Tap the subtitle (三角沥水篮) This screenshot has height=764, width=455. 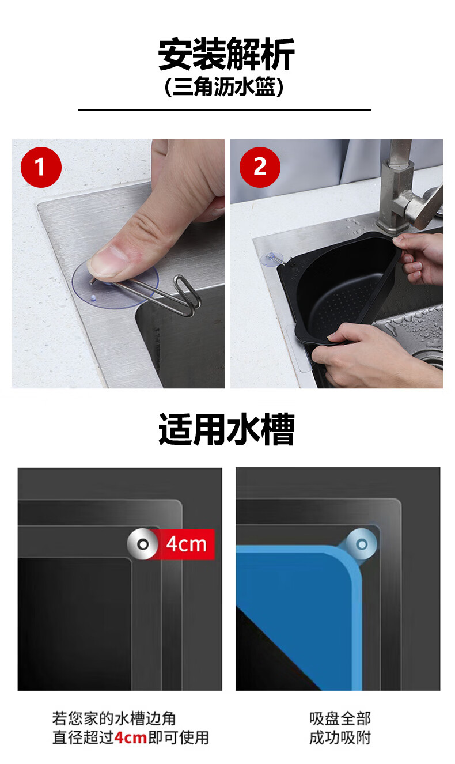[224, 87]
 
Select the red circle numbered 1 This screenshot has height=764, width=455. [41, 167]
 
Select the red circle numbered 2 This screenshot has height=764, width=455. [260, 167]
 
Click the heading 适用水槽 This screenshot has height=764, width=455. [226, 429]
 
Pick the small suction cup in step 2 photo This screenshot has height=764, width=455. [272, 259]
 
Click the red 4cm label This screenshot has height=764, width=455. [186, 544]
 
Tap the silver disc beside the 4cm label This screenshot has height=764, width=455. [142, 544]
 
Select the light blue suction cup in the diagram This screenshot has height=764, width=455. [362, 544]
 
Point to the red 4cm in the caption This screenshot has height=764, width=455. [131, 737]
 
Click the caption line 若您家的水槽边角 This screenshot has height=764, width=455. [114, 718]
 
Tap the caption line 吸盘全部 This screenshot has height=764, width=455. [340, 718]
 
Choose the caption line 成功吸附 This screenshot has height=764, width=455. [340, 737]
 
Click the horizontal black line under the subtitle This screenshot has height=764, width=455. [225, 109]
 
